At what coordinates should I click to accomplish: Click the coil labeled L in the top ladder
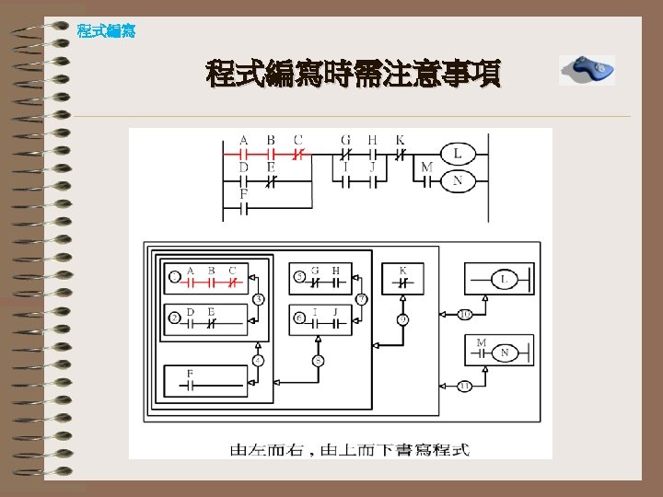point(457,153)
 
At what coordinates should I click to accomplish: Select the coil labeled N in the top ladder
point(457,180)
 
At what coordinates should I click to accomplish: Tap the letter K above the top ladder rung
point(400,141)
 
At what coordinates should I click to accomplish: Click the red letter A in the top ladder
point(244,141)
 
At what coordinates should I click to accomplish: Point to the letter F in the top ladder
point(244,195)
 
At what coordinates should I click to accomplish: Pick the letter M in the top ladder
point(426,168)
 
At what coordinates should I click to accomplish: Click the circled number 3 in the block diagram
point(259,299)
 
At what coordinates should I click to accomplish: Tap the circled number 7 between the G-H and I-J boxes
point(362,299)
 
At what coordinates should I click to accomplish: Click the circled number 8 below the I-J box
point(318,360)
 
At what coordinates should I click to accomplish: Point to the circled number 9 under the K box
point(403,319)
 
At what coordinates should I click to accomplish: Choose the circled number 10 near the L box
point(465,316)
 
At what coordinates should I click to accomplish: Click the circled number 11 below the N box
point(465,386)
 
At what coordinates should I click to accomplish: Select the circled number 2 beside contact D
point(174,318)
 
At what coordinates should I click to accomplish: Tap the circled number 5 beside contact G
point(299,276)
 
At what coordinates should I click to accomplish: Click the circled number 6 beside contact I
point(299,318)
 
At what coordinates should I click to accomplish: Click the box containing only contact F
point(205,380)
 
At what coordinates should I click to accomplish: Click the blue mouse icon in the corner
point(587,69)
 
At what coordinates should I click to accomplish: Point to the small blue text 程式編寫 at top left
point(106,31)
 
